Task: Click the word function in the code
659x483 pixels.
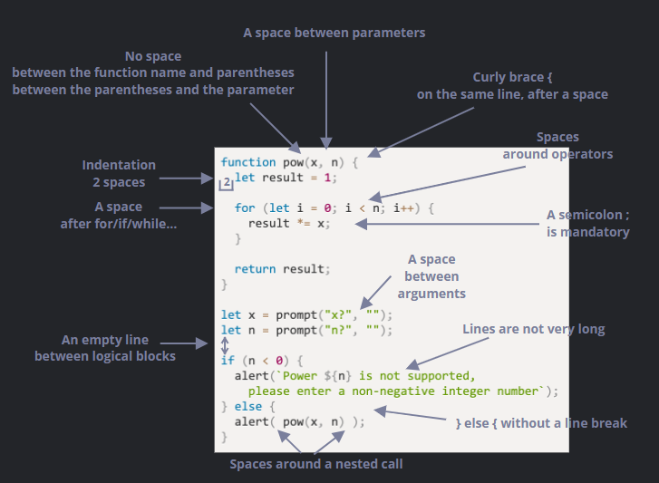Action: [248, 162]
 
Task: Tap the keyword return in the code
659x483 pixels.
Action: [255, 269]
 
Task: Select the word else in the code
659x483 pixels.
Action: [248, 407]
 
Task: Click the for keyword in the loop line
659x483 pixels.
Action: [245, 208]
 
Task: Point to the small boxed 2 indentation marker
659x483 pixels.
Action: [227, 183]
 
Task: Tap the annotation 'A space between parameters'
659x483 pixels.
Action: [334, 33]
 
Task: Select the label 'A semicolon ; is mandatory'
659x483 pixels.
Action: [587, 224]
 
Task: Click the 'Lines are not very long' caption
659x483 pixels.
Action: [533, 329]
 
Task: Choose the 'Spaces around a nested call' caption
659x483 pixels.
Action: [315, 464]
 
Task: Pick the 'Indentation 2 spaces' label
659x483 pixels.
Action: [119, 174]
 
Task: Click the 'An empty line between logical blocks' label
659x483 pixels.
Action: [105, 348]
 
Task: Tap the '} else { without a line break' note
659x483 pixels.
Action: [540, 423]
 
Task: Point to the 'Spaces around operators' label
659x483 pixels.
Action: [557, 146]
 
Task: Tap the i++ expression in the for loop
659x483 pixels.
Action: [404, 208]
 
